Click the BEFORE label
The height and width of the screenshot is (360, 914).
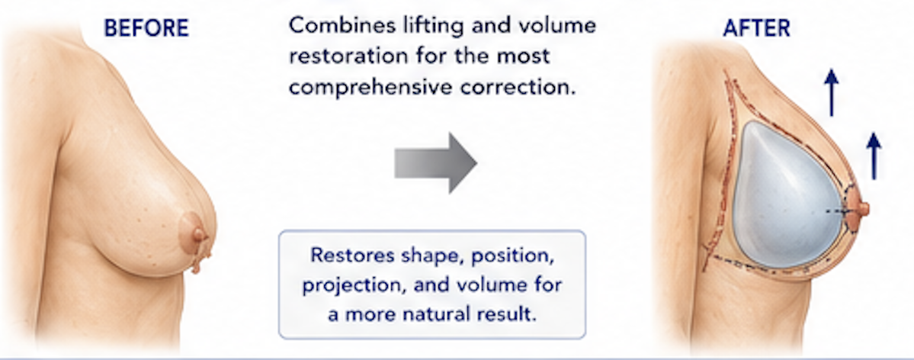pyautogui.click(x=146, y=28)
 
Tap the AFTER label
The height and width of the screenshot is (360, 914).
pyautogui.click(x=756, y=28)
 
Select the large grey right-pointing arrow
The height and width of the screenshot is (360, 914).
pyautogui.click(x=436, y=162)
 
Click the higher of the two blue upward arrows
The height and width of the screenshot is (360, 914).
pyautogui.click(x=832, y=92)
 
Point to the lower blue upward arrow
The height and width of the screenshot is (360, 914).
pyautogui.click(x=873, y=156)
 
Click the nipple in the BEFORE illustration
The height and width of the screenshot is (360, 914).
pyautogui.click(x=200, y=236)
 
